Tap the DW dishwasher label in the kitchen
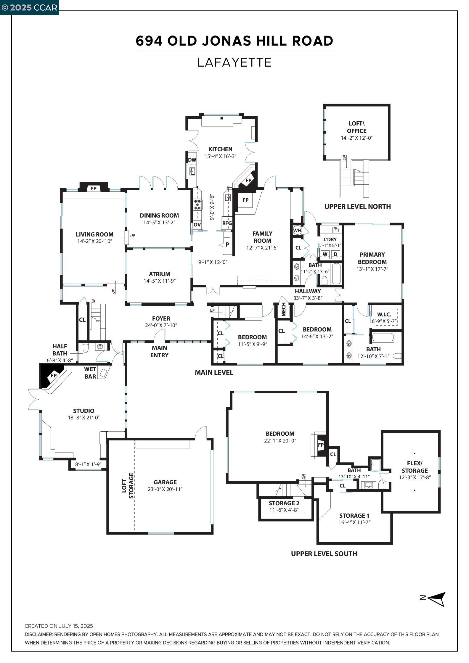(192, 160)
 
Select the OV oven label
(197, 224)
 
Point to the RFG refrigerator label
(227, 223)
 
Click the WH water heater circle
(297, 230)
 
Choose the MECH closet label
(284, 310)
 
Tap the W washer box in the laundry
(325, 254)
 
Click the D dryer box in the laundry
(335, 254)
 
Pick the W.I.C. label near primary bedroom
(384, 314)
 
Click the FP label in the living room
(94, 188)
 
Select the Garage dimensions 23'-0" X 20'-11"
(165, 489)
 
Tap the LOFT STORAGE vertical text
(128, 486)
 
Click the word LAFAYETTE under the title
(234, 62)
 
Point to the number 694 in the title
(149, 41)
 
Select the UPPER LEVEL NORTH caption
(358, 207)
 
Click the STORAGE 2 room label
(284, 503)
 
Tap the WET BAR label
(90, 373)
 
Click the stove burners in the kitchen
(197, 205)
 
